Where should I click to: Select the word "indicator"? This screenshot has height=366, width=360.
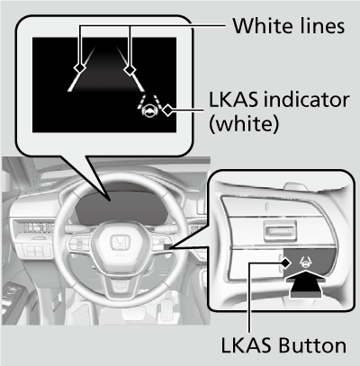(x=305, y=100)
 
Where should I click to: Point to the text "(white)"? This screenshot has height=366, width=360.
(x=244, y=123)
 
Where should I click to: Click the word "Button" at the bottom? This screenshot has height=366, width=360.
(x=312, y=345)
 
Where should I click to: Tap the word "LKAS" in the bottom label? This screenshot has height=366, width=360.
(x=246, y=345)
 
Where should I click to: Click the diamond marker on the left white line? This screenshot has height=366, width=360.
(x=80, y=68)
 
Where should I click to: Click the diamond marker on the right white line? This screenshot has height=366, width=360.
(x=130, y=70)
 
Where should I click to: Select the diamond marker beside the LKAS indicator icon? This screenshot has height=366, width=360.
(x=167, y=110)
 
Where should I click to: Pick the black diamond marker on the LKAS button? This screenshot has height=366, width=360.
(x=285, y=263)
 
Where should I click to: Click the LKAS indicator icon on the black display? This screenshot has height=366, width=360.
(x=149, y=106)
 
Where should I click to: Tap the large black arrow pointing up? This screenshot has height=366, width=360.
(x=305, y=283)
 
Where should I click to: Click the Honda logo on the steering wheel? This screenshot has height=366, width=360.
(x=121, y=243)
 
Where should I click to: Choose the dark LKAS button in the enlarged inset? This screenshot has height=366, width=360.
(x=309, y=263)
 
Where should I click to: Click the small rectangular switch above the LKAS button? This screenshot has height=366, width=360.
(x=281, y=230)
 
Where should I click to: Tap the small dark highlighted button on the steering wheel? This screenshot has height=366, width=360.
(x=167, y=247)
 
